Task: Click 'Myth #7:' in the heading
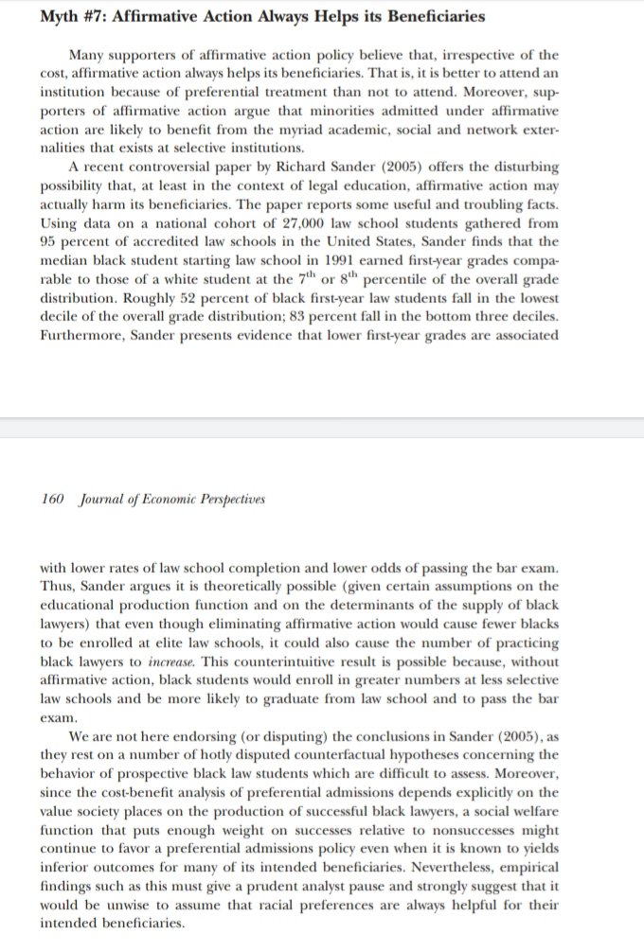(75, 16)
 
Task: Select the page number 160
(53, 499)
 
